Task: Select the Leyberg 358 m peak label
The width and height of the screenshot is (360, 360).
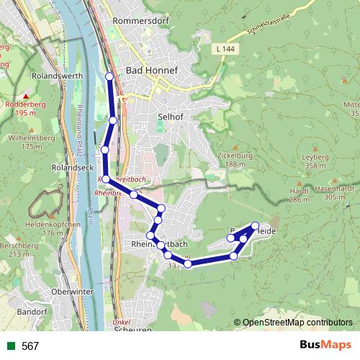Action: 315,161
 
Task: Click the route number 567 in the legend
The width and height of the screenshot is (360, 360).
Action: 30,346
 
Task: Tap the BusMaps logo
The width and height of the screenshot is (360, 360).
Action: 325,345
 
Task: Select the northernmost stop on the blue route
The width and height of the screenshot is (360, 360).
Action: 109,76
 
